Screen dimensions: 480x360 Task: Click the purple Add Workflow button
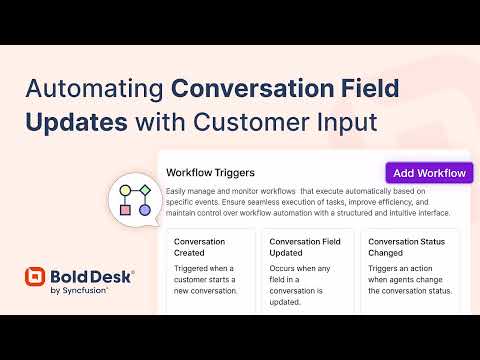click(429, 173)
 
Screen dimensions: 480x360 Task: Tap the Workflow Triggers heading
click(210, 173)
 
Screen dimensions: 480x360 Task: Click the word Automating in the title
click(94, 89)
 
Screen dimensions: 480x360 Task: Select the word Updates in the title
click(77, 123)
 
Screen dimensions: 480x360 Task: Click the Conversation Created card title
click(199, 247)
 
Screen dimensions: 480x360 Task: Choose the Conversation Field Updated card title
click(305, 247)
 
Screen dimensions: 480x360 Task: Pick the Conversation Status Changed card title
click(406, 247)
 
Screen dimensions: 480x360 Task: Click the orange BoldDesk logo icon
click(35, 276)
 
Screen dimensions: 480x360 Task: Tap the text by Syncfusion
click(79, 290)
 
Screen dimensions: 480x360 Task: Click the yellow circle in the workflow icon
click(125, 190)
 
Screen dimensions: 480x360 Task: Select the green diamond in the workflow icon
click(145, 190)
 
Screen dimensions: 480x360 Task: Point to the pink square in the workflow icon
click(125, 210)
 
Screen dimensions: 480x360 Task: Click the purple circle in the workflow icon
click(145, 210)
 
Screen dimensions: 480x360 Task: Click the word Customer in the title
click(252, 122)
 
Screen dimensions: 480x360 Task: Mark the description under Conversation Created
click(205, 279)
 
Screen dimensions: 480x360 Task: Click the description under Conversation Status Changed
click(410, 279)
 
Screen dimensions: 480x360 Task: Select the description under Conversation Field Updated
click(300, 285)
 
